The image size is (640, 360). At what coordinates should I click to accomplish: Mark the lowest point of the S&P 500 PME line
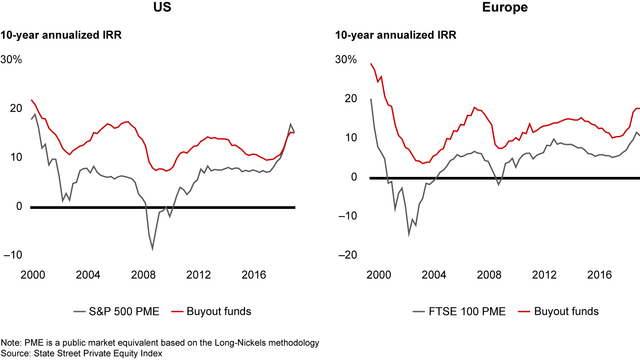click(152, 249)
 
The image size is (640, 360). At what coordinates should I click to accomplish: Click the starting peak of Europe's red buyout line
click(371, 64)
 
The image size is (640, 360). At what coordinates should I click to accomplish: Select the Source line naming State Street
click(82, 353)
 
